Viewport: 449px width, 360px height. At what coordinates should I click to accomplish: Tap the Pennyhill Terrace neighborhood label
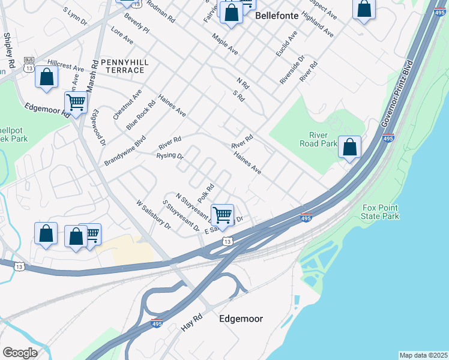point(122,66)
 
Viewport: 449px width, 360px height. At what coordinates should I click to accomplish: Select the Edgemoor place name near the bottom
point(241,319)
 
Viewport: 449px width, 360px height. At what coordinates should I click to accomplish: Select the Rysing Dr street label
point(169,156)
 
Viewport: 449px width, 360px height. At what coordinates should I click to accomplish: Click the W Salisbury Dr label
point(154,215)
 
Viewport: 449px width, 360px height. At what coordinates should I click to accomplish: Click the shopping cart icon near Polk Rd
point(222,214)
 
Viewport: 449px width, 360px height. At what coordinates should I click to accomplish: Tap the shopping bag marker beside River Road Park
point(349,146)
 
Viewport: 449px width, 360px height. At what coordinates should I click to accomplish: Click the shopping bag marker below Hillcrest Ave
point(46,77)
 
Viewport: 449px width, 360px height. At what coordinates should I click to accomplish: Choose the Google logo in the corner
point(20,353)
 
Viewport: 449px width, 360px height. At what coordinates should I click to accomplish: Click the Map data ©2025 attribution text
point(423,355)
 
